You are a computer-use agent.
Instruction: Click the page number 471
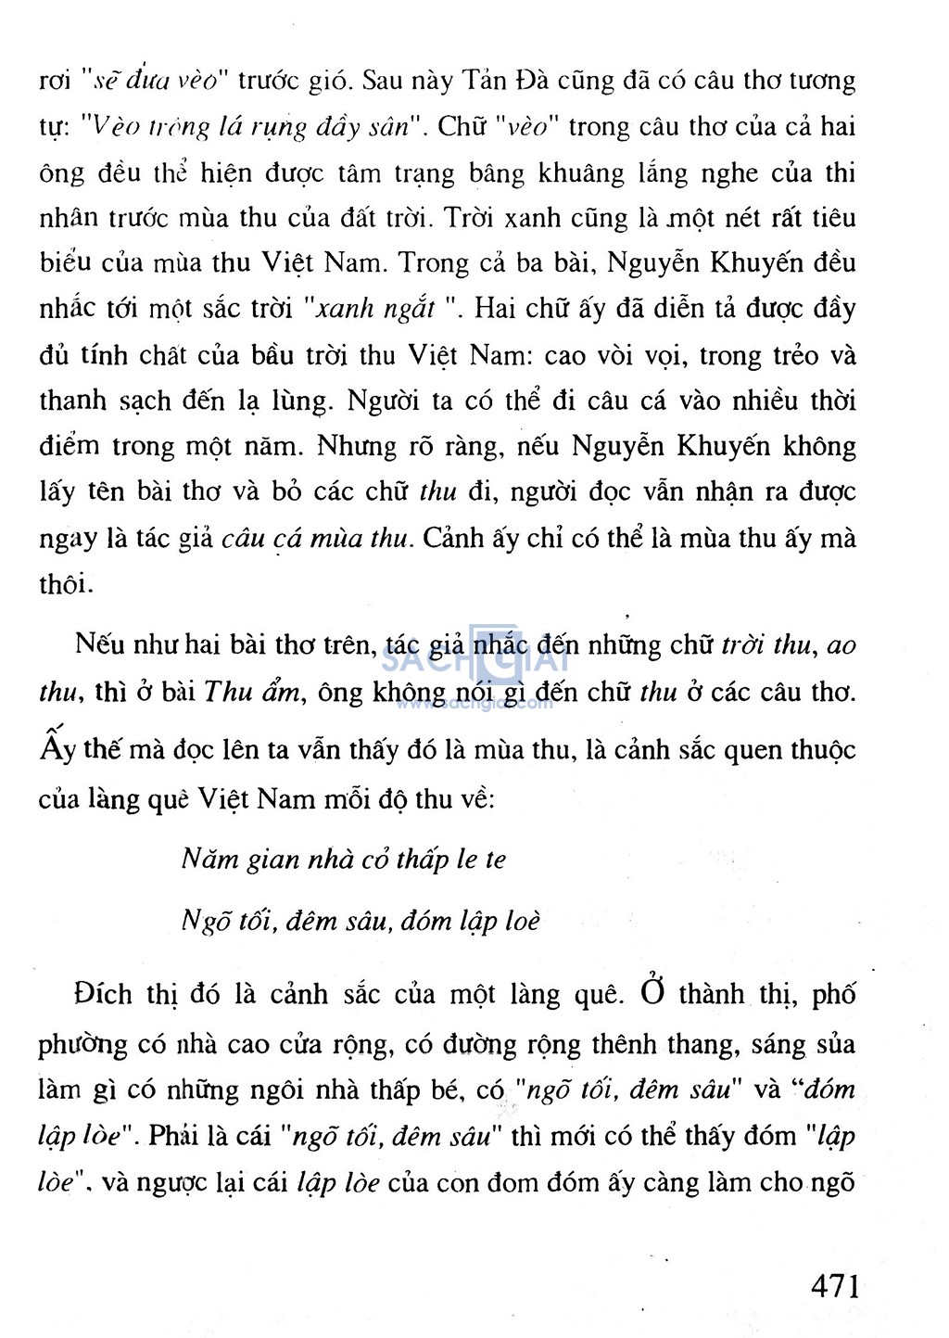(834, 1286)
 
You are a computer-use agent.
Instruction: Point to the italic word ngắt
(409, 309)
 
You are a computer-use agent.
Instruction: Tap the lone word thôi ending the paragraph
(65, 583)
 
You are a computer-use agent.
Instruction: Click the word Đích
(103, 994)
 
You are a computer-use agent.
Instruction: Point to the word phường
(82, 1045)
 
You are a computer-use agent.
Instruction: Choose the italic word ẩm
(281, 692)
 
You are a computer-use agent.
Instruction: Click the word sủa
(835, 1044)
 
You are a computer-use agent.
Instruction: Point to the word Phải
(173, 1136)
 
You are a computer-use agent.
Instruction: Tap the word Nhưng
(356, 446)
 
